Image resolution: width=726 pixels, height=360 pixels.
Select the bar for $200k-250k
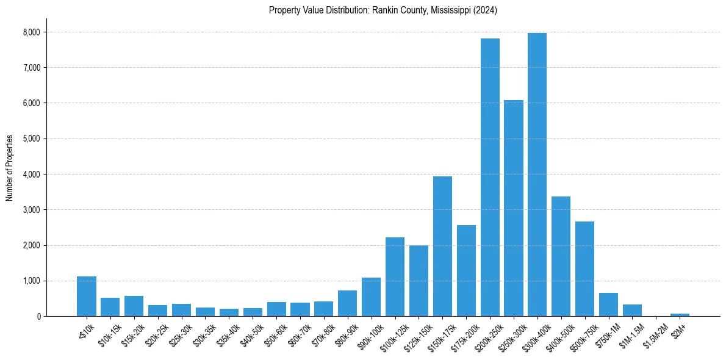click(490, 177)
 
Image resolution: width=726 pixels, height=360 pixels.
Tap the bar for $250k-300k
click(514, 208)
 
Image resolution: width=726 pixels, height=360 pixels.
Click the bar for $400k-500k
click(561, 256)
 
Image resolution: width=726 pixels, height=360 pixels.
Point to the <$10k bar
click(87, 297)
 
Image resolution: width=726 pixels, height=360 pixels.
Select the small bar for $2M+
click(680, 315)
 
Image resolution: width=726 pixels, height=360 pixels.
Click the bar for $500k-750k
click(584, 268)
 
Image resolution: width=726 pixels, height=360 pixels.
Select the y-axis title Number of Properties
click(10, 168)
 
